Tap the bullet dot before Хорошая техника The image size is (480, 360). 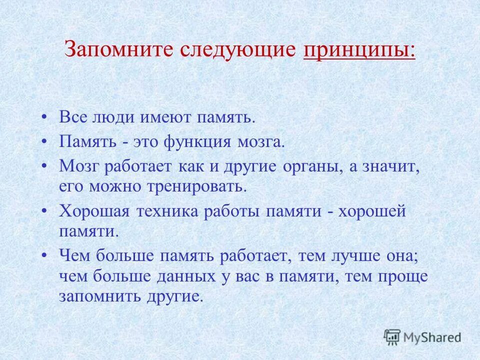point(45,211)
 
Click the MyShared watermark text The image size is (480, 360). point(433,337)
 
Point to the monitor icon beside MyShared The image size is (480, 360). point(392,337)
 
